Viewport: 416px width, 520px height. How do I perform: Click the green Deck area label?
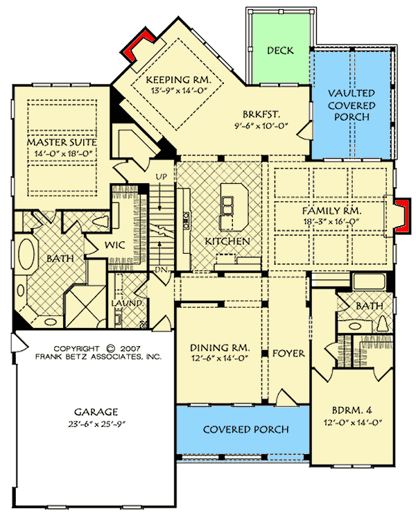coord(279,51)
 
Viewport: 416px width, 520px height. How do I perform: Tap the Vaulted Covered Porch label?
coord(352,105)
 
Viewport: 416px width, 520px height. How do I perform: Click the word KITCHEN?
coord(227,241)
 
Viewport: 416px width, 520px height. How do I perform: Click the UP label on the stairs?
coord(162,177)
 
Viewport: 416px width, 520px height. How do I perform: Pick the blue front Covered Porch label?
coord(245,430)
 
